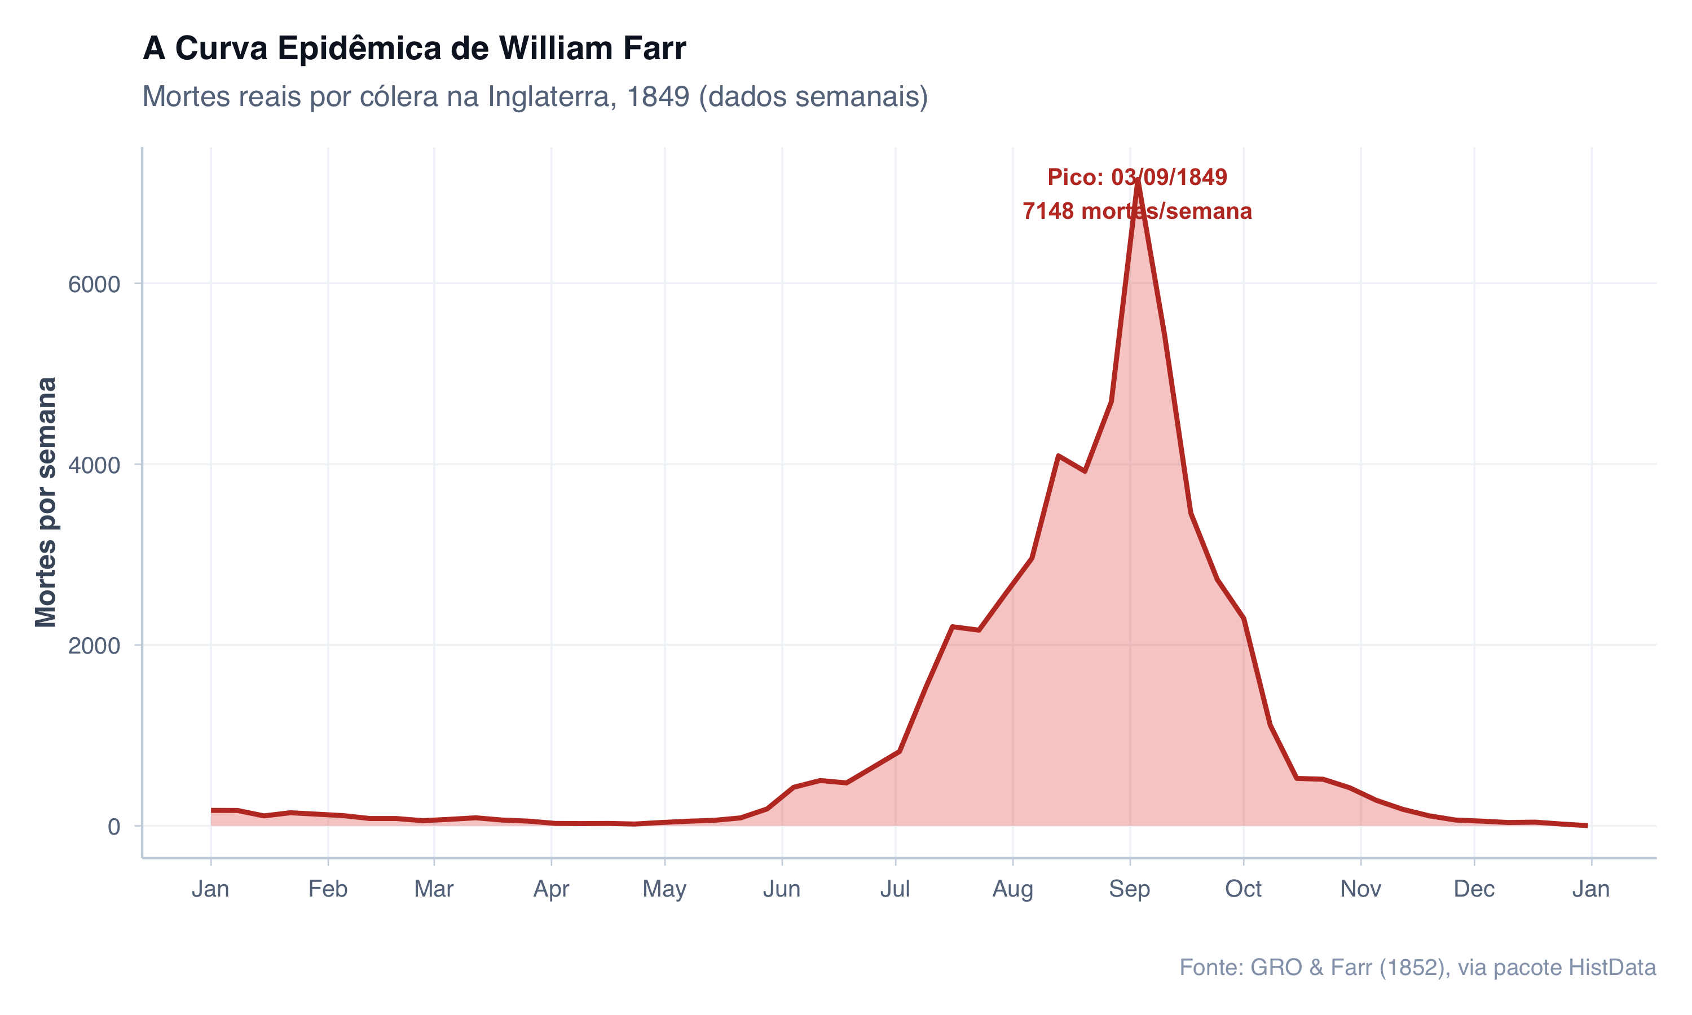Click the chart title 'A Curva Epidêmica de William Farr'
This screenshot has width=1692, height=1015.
coord(414,49)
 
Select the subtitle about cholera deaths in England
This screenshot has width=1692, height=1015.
coord(535,96)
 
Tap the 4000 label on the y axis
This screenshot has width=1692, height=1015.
coord(94,465)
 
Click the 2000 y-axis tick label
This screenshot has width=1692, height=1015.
coord(94,646)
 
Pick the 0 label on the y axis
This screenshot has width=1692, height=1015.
coord(113,827)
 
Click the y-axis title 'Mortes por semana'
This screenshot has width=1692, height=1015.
coord(46,501)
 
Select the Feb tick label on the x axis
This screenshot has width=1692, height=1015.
coord(328,889)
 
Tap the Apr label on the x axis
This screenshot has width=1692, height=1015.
coord(551,889)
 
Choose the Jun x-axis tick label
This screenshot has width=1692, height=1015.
coord(782,889)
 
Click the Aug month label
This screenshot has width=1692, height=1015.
coord(1012,889)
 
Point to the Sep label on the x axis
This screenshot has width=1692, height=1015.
coord(1129,889)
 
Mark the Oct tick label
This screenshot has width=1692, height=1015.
coord(1242,889)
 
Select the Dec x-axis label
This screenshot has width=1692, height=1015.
coord(1474,889)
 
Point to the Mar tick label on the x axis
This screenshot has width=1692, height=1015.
coord(434,889)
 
